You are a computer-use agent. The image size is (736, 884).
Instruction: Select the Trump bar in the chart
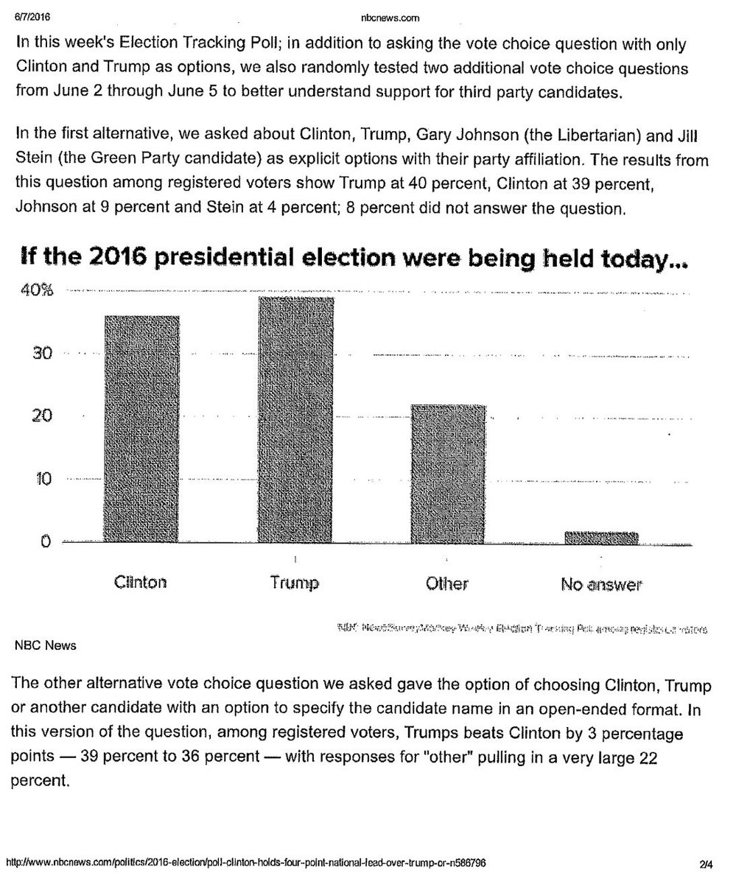click(296, 420)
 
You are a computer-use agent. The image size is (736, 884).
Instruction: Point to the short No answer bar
click(601, 538)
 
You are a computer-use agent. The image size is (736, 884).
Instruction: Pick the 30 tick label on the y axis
click(41, 354)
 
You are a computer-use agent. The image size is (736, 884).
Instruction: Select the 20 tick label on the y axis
click(41, 416)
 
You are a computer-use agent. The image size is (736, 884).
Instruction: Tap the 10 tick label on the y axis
click(41, 480)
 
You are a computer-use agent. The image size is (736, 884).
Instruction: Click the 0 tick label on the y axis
click(45, 542)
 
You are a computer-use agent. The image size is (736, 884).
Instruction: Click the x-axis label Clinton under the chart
click(141, 583)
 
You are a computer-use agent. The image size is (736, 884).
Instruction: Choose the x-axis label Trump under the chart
click(295, 583)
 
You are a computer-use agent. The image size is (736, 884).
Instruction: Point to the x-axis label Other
click(447, 584)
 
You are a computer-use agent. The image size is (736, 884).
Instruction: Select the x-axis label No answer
click(601, 585)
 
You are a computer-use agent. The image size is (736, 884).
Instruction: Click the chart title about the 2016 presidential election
click(350, 259)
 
